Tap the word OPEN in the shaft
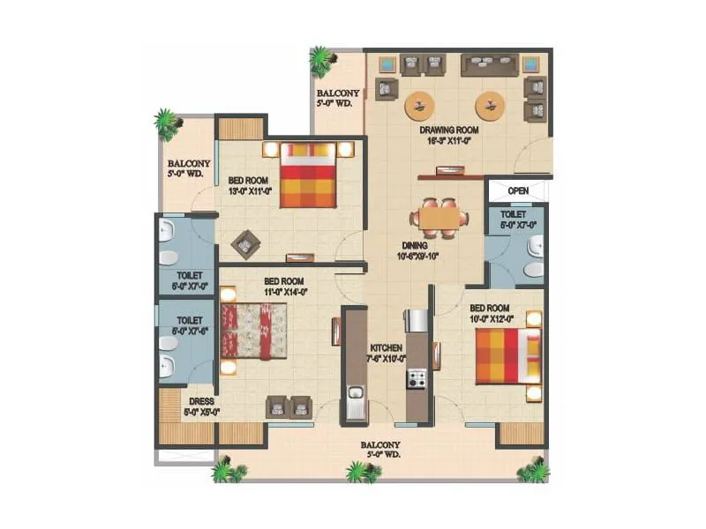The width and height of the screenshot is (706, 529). [x=518, y=190]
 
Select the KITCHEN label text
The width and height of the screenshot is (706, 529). [x=386, y=348]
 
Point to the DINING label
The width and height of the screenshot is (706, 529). [x=414, y=246]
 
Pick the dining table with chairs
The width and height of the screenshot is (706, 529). [x=439, y=216]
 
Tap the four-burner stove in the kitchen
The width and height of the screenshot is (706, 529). [x=416, y=379]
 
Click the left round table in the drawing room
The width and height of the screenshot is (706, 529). [x=419, y=106]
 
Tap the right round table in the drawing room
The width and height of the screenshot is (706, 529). [x=490, y=106]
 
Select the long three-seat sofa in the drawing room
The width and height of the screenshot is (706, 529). [x=488, y=64]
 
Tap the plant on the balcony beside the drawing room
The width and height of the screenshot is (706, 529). [x=321, y=61]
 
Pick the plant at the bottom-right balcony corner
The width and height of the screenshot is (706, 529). [x=533, y=471]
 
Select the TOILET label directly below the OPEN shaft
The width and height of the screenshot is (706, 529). [x=514, y=214]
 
